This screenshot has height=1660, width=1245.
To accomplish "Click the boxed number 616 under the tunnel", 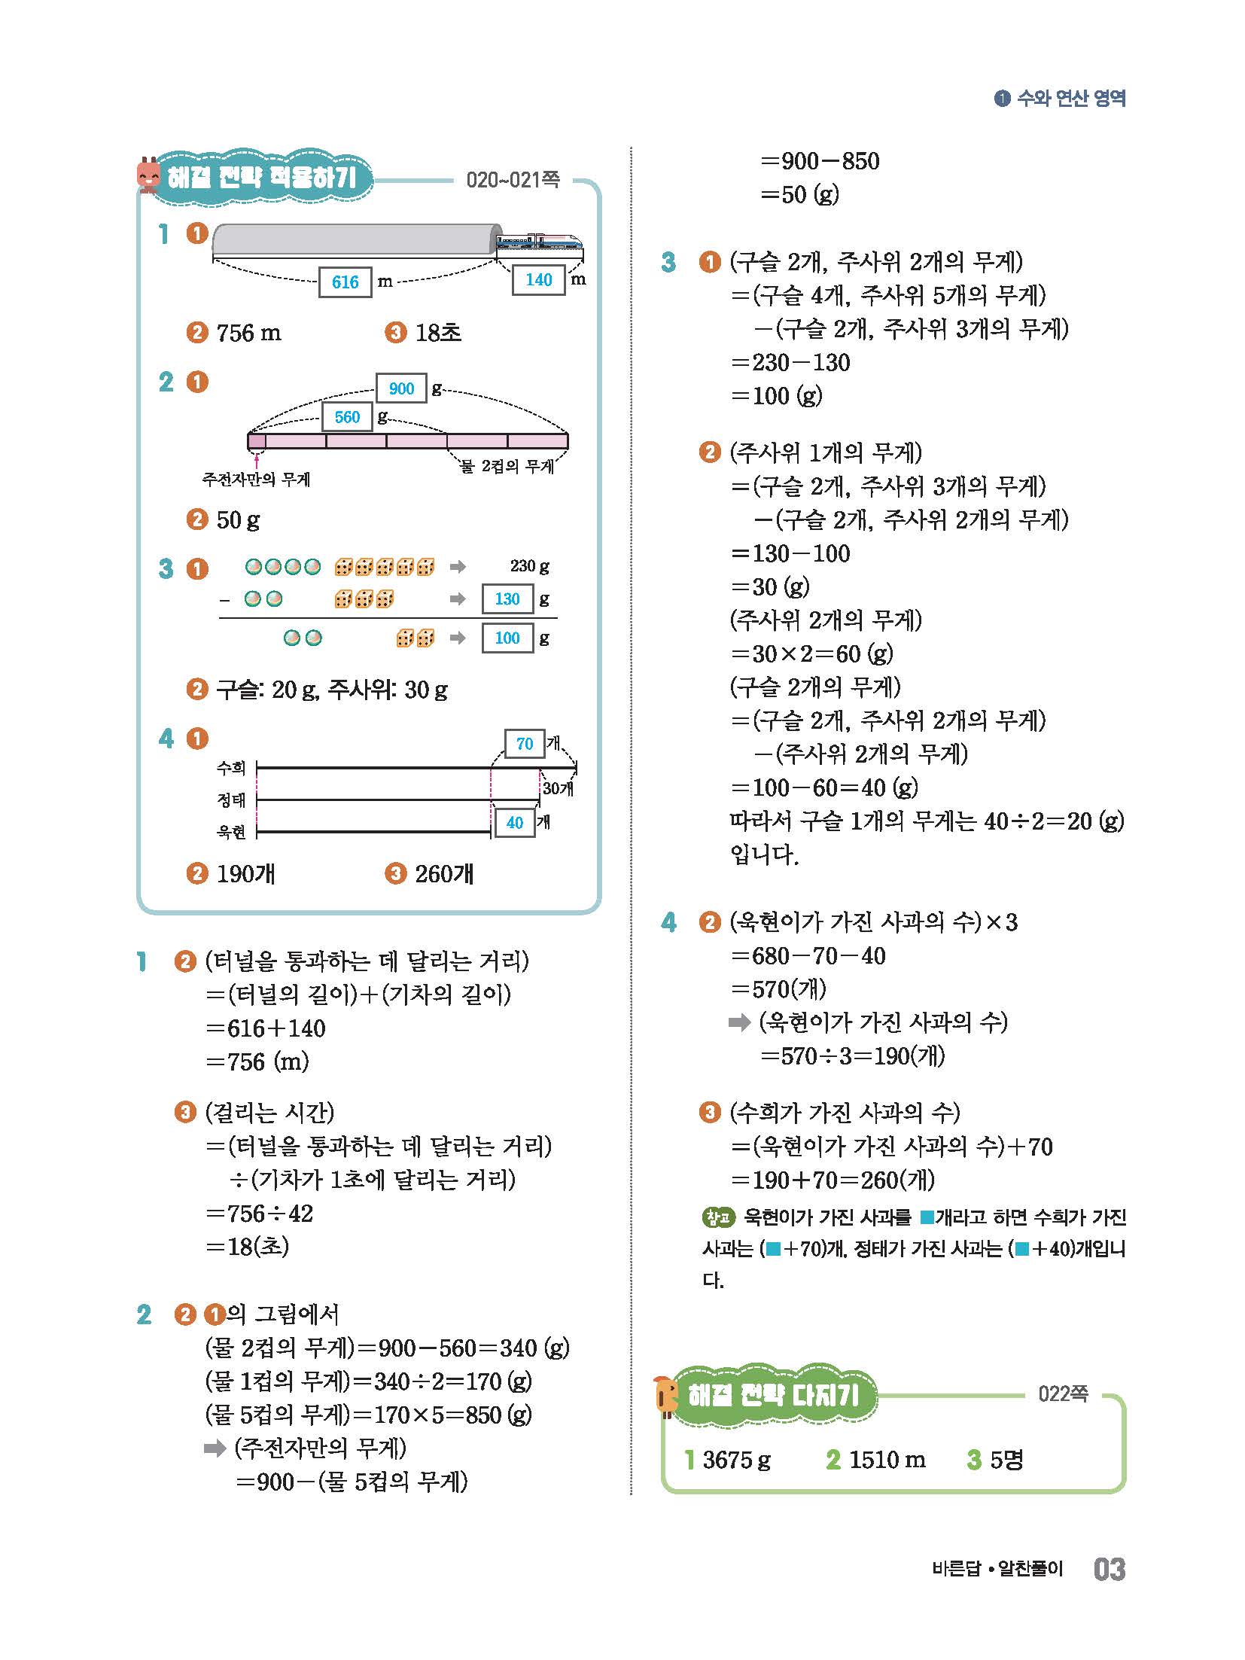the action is coord(345,282).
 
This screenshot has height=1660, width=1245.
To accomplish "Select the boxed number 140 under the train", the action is coord(538,280).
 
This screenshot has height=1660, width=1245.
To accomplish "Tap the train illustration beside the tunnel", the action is coord(538,242).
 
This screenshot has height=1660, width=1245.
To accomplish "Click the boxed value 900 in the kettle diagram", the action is coord(401,388).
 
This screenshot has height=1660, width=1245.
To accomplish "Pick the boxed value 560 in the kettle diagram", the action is coord(347,417).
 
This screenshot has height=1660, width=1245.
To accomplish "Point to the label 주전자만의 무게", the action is coord(256,479).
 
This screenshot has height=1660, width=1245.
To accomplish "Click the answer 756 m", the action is coord(248,333).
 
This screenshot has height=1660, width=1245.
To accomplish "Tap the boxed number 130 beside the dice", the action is coord(507,599).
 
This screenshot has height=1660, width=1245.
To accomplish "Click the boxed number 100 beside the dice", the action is coord(507,638).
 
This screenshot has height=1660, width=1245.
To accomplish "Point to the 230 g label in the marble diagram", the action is coord(529,566).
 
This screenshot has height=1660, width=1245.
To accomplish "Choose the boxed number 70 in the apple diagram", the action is coord(525,744).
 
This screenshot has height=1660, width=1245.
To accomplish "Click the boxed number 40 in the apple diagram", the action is coord(515,823).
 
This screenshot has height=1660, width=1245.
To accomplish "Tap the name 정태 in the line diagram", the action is coord(232,800).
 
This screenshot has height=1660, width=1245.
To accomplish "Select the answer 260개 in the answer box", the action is coord(444,874).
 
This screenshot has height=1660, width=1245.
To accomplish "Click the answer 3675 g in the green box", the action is coord(736,1460).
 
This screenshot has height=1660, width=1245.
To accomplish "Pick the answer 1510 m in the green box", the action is coord(887,1460).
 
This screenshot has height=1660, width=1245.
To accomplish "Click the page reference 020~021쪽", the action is coord(513,180).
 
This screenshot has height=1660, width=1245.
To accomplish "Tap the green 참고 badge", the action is coord(717,1217).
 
